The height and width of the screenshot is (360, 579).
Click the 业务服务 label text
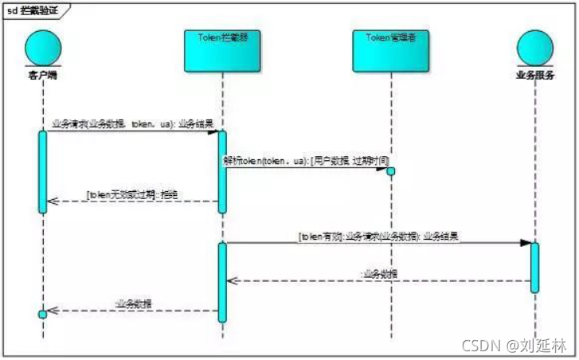pyautogui.click(x=534, y=76)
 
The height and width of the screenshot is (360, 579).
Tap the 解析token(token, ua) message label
pyautogui.click(x=306, y=161)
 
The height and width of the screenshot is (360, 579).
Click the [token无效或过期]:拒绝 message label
pyautogui.click(x=132, y=195)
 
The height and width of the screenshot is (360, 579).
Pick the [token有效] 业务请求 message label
pyautogui.click(x=378, y=237)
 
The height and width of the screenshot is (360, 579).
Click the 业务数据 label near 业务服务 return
pyautogui.click(x=380, y=274)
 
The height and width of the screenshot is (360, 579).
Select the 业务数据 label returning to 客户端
pyautogui.click(x=133, y=304)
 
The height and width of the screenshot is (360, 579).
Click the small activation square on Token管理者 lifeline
pyautogui.click(x=391, y=170)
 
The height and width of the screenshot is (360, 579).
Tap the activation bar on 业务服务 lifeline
pyautogui.click(x=534, y=267)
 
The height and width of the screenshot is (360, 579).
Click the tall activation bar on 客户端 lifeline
pyautogui.click(x=43, y=171)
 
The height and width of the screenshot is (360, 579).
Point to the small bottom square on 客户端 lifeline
pyautogui.click(x=43, y=314)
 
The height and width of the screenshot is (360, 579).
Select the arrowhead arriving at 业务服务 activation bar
pyautogui.click(x=526, y=242)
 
